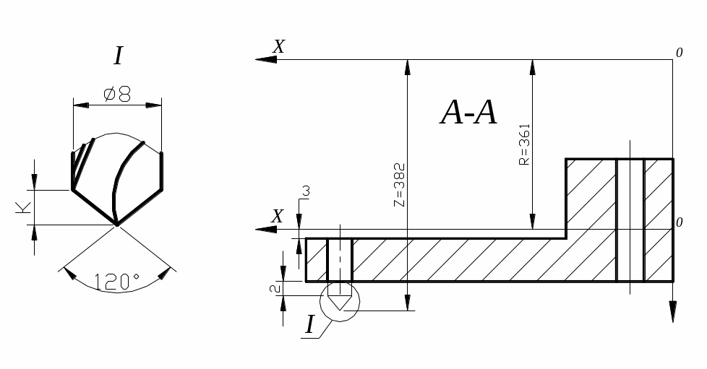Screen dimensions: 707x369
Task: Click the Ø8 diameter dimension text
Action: [x=117, y=95]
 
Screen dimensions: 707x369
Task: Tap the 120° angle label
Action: [x=117, y=282]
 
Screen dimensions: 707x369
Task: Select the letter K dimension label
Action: [x=23, y=207]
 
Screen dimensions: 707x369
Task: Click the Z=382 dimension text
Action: [x=400, y=185]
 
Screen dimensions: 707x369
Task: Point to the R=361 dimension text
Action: [x=524, y=144]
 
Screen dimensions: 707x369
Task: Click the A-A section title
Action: [x=468, y=112]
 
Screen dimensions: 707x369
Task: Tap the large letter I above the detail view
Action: [x=119, y=56]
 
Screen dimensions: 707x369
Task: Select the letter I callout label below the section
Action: [x=309, y=324]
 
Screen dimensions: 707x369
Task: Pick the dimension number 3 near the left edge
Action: [x=307, y=191]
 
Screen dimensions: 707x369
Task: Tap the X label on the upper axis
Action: [x=279, y=46]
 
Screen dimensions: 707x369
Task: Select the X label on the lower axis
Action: [x=278, y=216]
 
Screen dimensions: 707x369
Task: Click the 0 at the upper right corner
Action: [x=679, y=53]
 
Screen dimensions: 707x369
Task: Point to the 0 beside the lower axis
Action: [x=679, y=222]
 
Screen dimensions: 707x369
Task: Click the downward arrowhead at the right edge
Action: [x=673, y=311]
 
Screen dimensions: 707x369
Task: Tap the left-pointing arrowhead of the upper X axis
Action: [x=266, y=59]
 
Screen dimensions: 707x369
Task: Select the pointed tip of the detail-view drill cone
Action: [x=117, y=225]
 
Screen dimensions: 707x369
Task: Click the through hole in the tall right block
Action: [x=630, y=220]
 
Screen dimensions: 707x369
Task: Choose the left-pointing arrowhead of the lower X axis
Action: [x=266, y=230]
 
